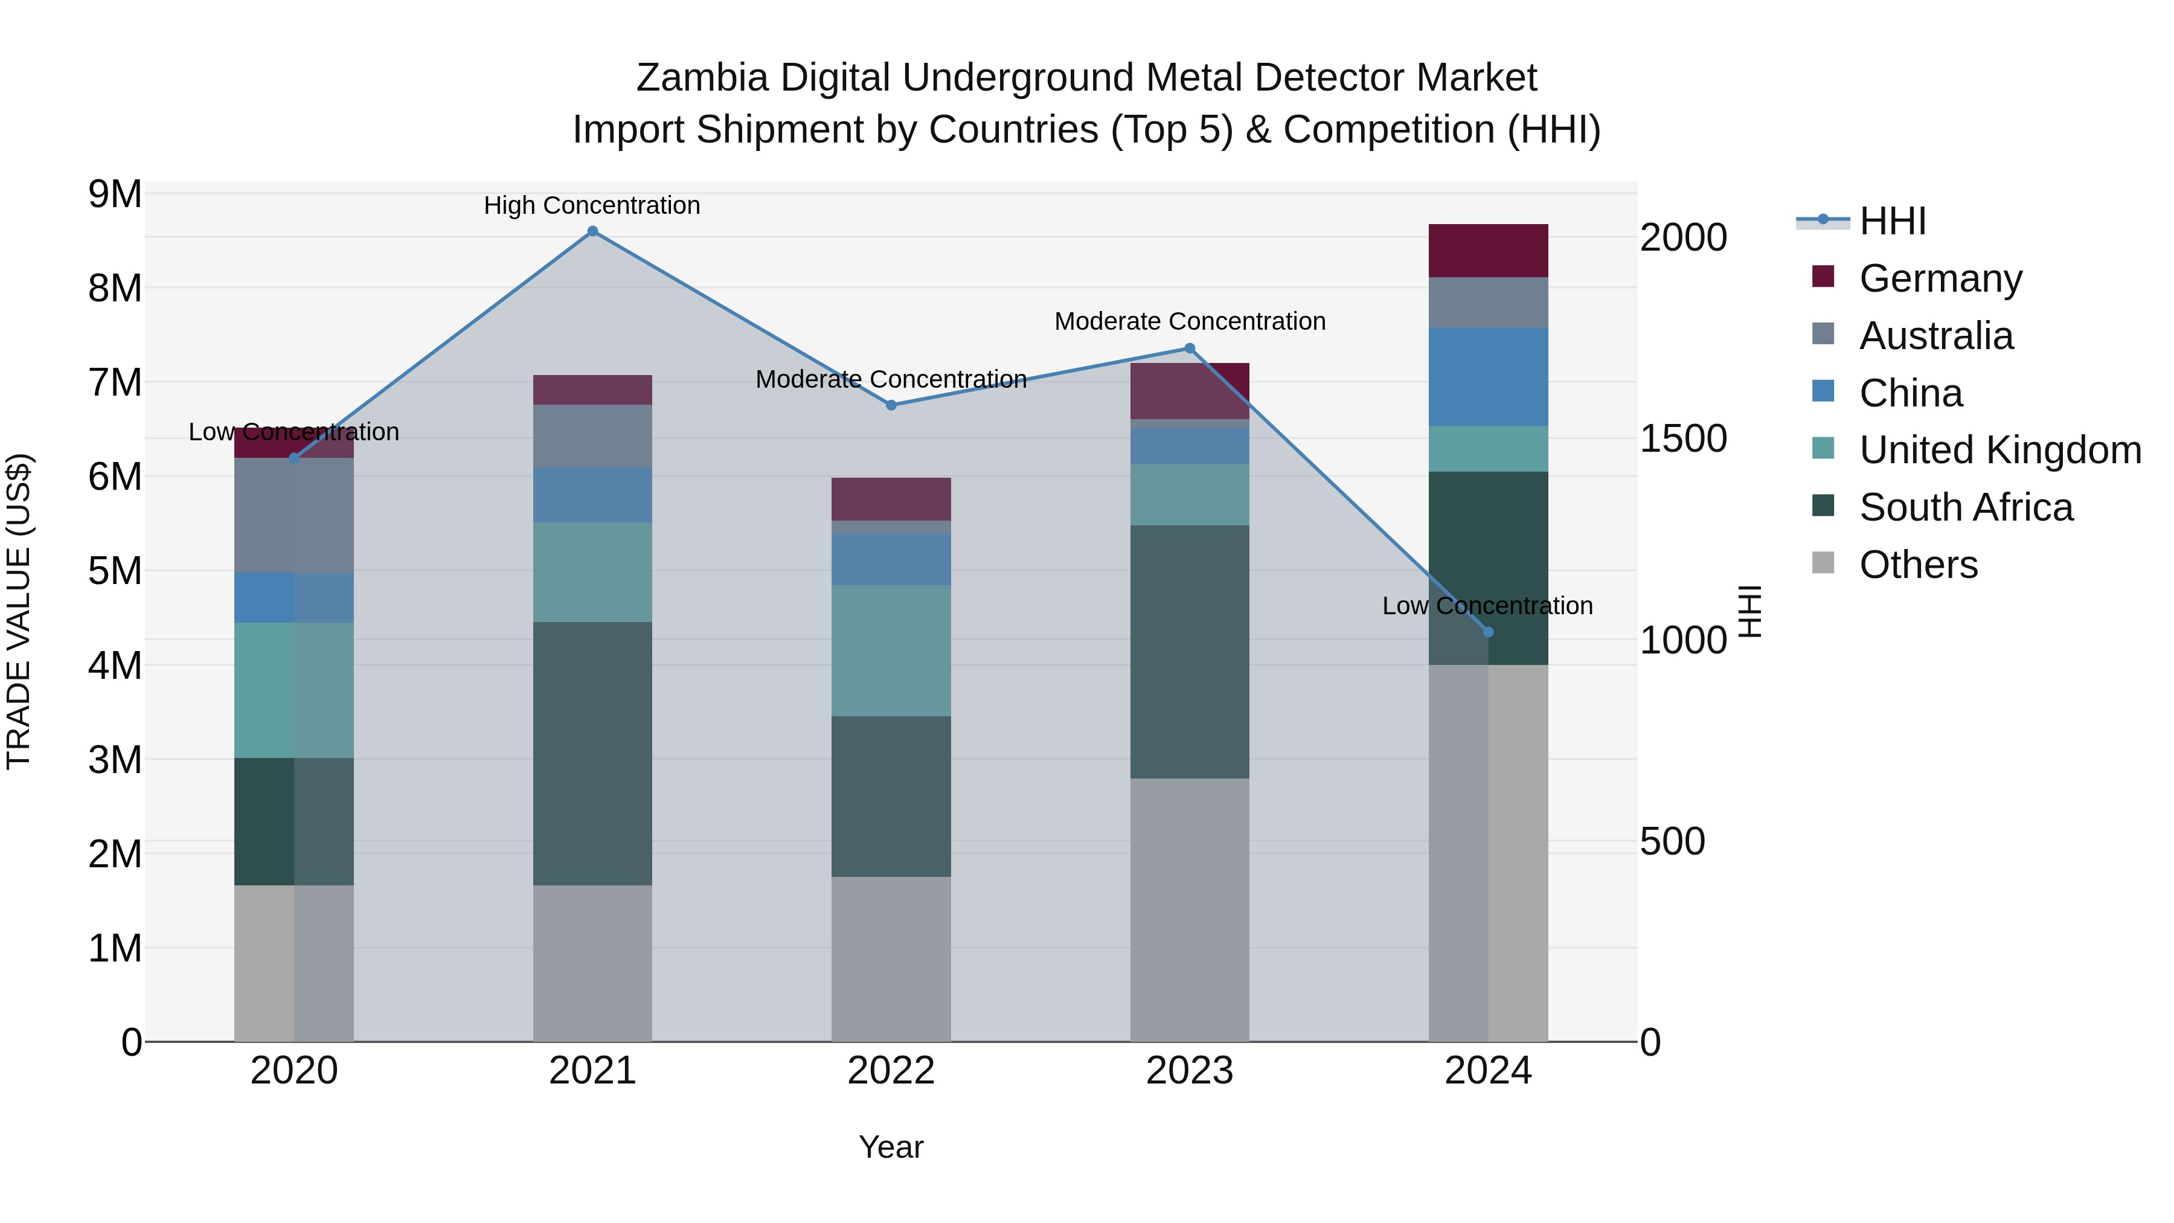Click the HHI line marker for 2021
(592, 231)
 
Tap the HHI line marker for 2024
(1488, 632)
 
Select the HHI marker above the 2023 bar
(1190, 348)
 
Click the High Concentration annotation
(592, 205)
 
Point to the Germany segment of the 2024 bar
(1488, 251)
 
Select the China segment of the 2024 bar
(1488, 377)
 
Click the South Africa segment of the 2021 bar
(592, 754)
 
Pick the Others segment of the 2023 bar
(1190, 910)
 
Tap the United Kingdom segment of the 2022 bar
(891, 650)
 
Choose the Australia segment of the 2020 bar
(293, 516)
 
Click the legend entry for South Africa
(1966, 507)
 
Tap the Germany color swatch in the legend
(1823, 277)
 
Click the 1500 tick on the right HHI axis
(1683, 439)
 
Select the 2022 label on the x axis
(891, 1071)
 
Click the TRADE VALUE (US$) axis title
(19, 611)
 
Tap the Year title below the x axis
(891, 1147)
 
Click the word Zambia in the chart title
(702, 78)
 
